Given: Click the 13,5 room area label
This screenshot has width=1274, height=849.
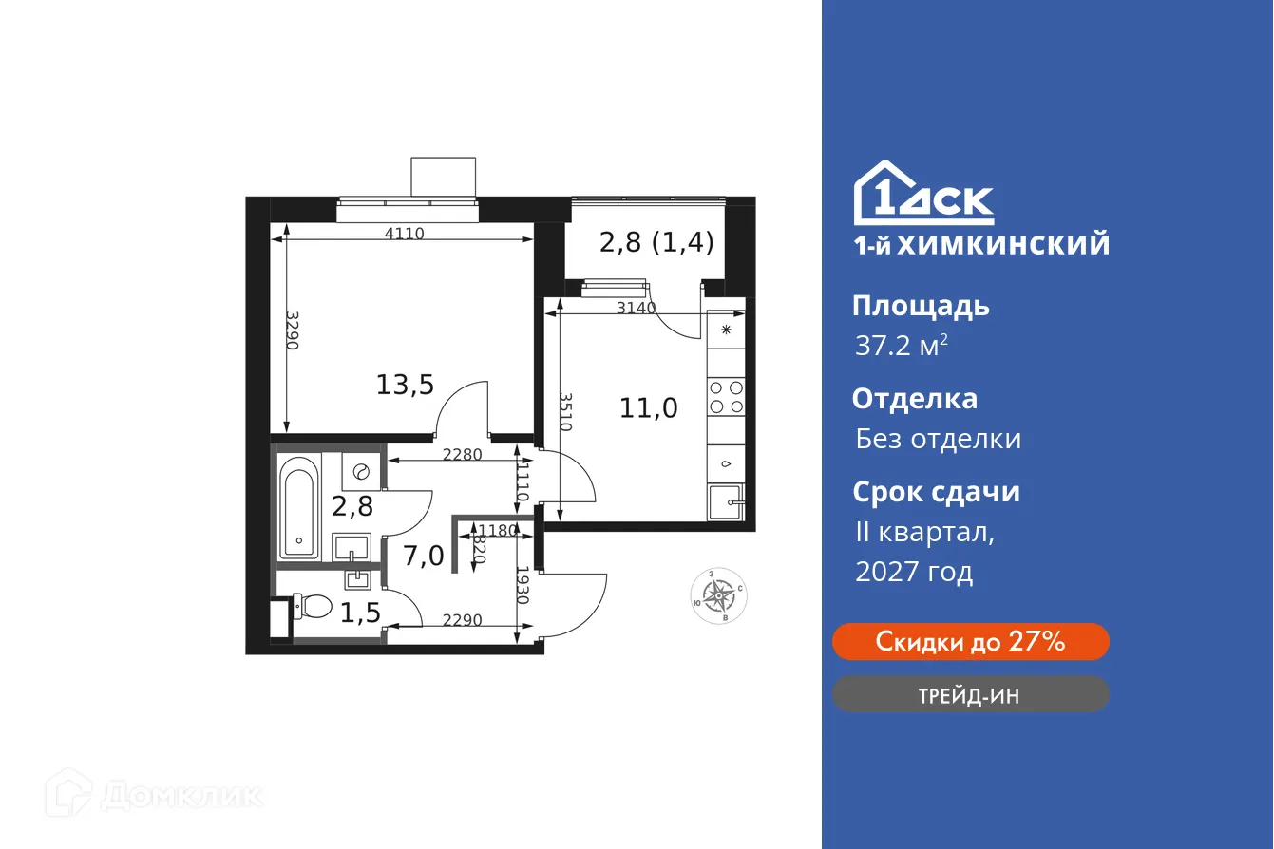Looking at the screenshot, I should point(405,385).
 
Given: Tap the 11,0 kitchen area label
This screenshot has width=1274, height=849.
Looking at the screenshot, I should point(648,408).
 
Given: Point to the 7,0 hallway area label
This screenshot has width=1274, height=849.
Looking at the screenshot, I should point(423,556).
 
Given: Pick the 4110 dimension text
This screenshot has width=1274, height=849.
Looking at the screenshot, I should point(403,234).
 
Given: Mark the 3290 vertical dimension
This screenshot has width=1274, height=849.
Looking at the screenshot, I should point(293,330).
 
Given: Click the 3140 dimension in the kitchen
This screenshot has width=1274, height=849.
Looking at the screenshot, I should point(636,307).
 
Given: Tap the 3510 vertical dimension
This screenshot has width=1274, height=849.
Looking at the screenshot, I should point(566,412).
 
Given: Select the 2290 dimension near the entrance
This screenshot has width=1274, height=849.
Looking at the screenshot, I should point(463,620).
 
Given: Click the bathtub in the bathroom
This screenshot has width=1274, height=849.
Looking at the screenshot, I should point(300,508).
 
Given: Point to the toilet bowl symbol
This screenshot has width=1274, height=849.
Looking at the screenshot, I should point(311,604).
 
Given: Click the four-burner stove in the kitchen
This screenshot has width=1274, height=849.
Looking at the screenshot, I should point(726,396).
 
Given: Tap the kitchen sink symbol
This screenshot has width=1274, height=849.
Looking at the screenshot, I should point(726,500).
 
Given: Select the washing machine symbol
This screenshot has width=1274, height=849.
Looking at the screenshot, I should point(361,471).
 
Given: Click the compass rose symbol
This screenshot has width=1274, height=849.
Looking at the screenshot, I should point(717,596).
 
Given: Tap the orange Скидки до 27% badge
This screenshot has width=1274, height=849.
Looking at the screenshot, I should point(970,642).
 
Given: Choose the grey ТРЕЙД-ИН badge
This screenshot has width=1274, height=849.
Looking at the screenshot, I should point(970,694).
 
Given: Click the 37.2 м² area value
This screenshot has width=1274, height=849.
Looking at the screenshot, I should point(901,346).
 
